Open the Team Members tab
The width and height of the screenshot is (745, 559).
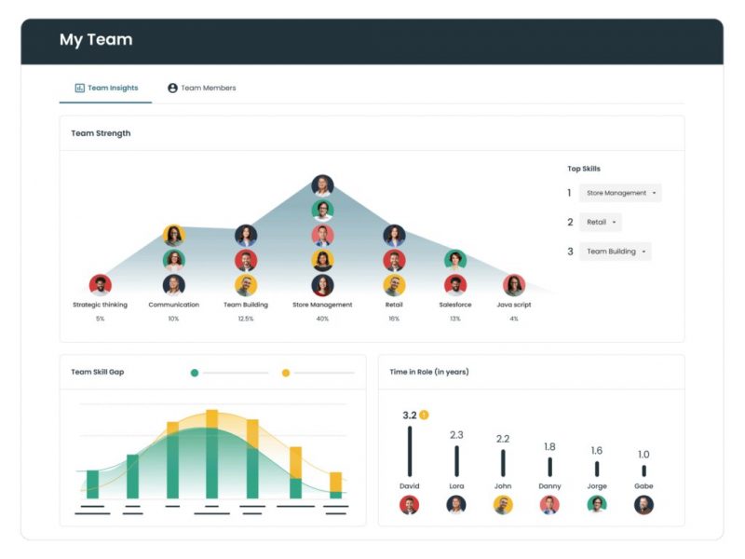tap(201, 89)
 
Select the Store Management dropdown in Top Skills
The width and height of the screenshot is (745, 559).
tap(620, 193)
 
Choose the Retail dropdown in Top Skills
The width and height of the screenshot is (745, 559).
tap(600, 222)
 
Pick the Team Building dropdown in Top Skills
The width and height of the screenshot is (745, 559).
tap(615, 252)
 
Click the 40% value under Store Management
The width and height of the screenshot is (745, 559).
tap(322, 319)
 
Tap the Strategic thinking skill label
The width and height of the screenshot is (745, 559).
tap(100, 305)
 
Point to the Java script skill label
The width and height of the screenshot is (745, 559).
tap(514, 305)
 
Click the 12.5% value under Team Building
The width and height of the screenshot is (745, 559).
tap(246, 319)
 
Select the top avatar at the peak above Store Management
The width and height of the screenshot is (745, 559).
tap(322, 185)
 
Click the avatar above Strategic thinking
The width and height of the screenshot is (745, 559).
tap(100, 285)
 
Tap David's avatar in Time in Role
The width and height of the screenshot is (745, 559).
tap(409, 505)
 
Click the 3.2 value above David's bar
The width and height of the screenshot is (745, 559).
tap(409, 416)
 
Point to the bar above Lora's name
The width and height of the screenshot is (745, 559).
tap(456, 461)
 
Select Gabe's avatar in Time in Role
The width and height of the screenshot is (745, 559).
tap(643, 505)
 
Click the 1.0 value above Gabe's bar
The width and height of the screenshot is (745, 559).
tap(643, 455)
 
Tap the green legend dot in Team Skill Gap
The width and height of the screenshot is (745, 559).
tap(195, 373)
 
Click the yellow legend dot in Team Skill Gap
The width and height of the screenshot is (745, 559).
tap(286, 373)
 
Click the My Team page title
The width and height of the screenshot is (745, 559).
tap(96, 40)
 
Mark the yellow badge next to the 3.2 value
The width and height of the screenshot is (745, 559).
tap(424, 415)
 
